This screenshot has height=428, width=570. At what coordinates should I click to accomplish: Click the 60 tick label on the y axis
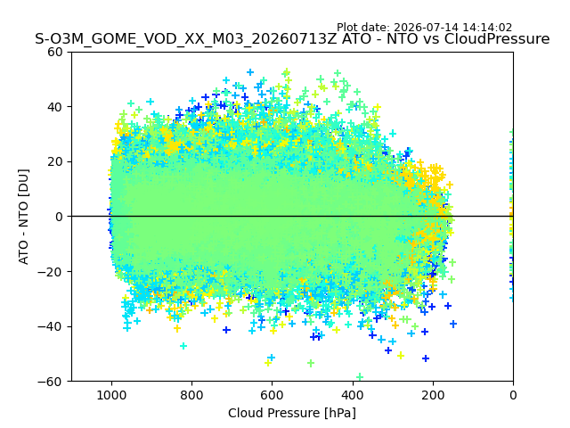[x=54, y=52]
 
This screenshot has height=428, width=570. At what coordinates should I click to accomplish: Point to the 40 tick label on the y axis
[x=54, y=107]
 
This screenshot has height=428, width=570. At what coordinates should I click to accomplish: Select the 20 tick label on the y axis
[x=54, y=162]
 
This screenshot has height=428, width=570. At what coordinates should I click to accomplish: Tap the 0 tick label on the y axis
[x=59, y=217]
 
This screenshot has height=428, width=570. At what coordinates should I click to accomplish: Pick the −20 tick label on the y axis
[x=50, y=272]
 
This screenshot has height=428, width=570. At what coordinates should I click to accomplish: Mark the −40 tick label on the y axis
[x=50, y=327]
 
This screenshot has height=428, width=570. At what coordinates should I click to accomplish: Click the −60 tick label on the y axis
[x=50, y=382]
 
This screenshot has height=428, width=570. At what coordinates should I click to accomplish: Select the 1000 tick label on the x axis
[x=111, y=395]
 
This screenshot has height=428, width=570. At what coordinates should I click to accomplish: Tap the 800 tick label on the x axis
[x=192, y=395]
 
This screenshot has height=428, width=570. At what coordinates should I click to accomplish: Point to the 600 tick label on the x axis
[x=273, y=395]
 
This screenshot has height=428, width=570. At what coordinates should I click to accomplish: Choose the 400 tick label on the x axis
[x=353, y=395]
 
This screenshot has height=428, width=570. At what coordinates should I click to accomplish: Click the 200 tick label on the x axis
[x=433, y=395]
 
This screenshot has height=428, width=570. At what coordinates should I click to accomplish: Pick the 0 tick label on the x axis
[x=513, y=395]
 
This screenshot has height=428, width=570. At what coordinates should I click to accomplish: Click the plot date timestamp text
[x=424, y=28]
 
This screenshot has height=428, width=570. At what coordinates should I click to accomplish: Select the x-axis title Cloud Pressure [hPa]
[x=292, y=414]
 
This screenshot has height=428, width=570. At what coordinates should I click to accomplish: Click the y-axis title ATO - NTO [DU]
[x=24, y=217]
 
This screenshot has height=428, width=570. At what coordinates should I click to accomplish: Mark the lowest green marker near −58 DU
[x=360, y=376]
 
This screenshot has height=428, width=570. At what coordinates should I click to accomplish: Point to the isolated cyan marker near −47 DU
[x=183, y=346]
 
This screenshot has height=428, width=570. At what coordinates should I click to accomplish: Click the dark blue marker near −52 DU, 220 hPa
[x=426, y=358]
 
